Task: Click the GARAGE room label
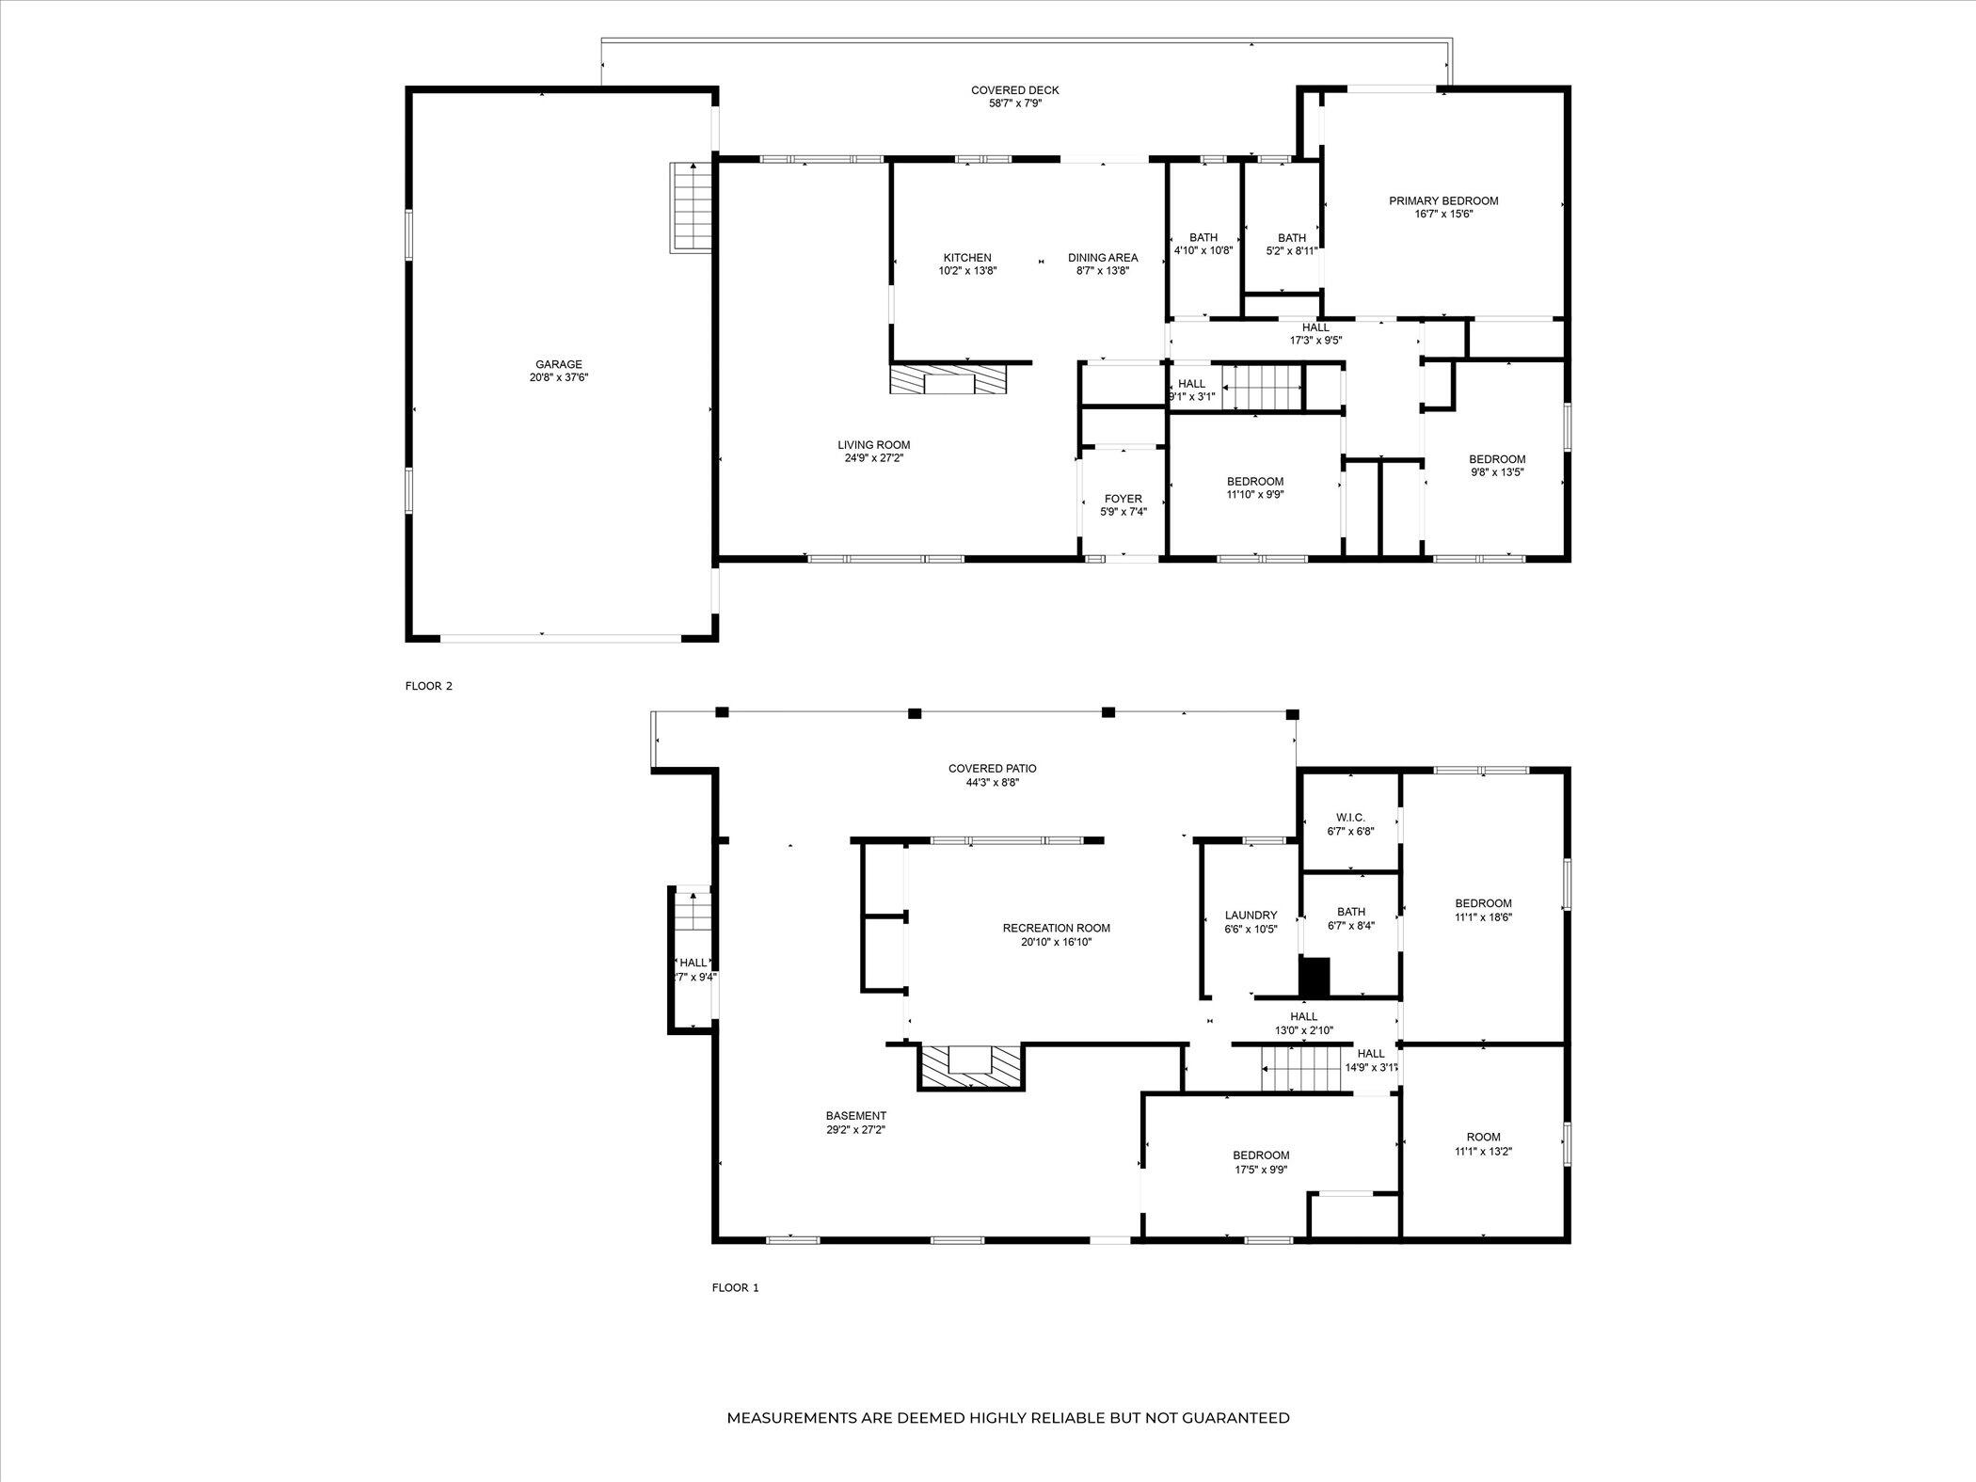pos(559,364)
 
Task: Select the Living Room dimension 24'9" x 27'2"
pos(873,458)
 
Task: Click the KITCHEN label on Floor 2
pos(967,258)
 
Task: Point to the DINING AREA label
pos(1103,258)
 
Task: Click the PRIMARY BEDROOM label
pos(1443,200)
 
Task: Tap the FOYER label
pos(1123,499)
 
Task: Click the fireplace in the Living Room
pos(949,381)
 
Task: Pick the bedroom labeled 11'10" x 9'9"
pos(1254,482)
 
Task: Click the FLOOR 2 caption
pos(429,686)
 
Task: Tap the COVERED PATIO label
pos(992,769)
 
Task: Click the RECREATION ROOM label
pos(1056,928)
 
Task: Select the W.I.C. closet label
pos(1350,818)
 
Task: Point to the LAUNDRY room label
pos(1251,916)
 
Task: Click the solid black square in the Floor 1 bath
pos(1315,977)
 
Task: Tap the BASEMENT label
pos(855,1116)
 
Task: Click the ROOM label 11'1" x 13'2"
pos(1483,1137)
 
